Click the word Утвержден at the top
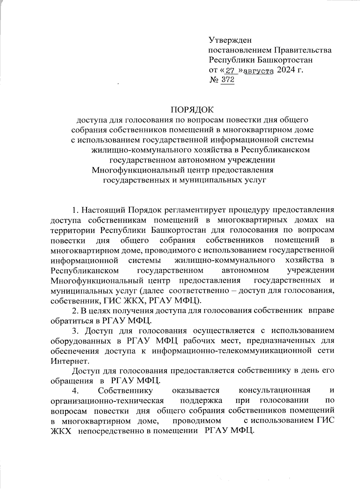[230, 40]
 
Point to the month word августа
[259, 71]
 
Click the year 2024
[285, 70]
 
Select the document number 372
[227, 80]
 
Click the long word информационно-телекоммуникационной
[231, 351]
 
